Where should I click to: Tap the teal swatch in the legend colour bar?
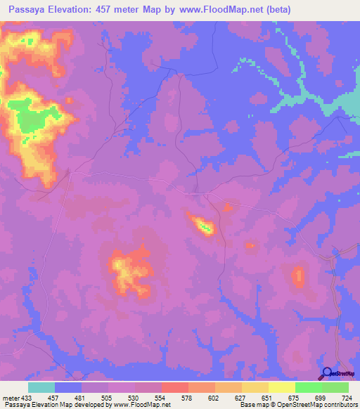tap(41, 387)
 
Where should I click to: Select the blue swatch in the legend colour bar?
tap(68, 387)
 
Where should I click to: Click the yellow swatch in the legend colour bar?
tap(282, 387)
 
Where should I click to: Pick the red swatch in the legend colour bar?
tap(175, 387)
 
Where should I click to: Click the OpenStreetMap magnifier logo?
tap(327, 373)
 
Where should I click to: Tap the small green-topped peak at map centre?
tap(205, 226)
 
